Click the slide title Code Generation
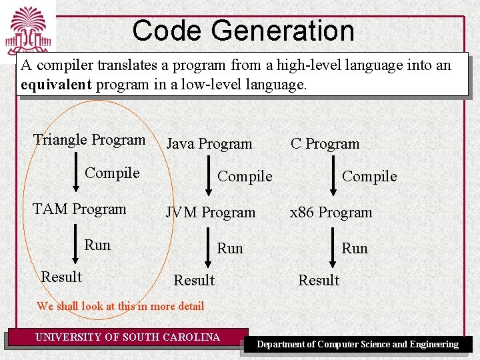pos(243,31)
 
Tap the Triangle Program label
pos(89,140)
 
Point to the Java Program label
pos(209,144)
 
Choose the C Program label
pos(325,144)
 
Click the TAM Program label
pos(79,209)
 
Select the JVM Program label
pos(211,213)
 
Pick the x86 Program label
pos(331,213)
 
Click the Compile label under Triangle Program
pos(112,173)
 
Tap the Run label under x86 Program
pos(355,249)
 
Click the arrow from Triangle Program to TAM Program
pos(75,175)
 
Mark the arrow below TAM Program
pos(75,245)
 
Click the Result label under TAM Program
pos(61,277)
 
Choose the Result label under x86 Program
pos(319,281)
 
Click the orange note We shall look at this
pos(121,307)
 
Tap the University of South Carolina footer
pos(127,337)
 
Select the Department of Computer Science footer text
pos(358,345)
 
